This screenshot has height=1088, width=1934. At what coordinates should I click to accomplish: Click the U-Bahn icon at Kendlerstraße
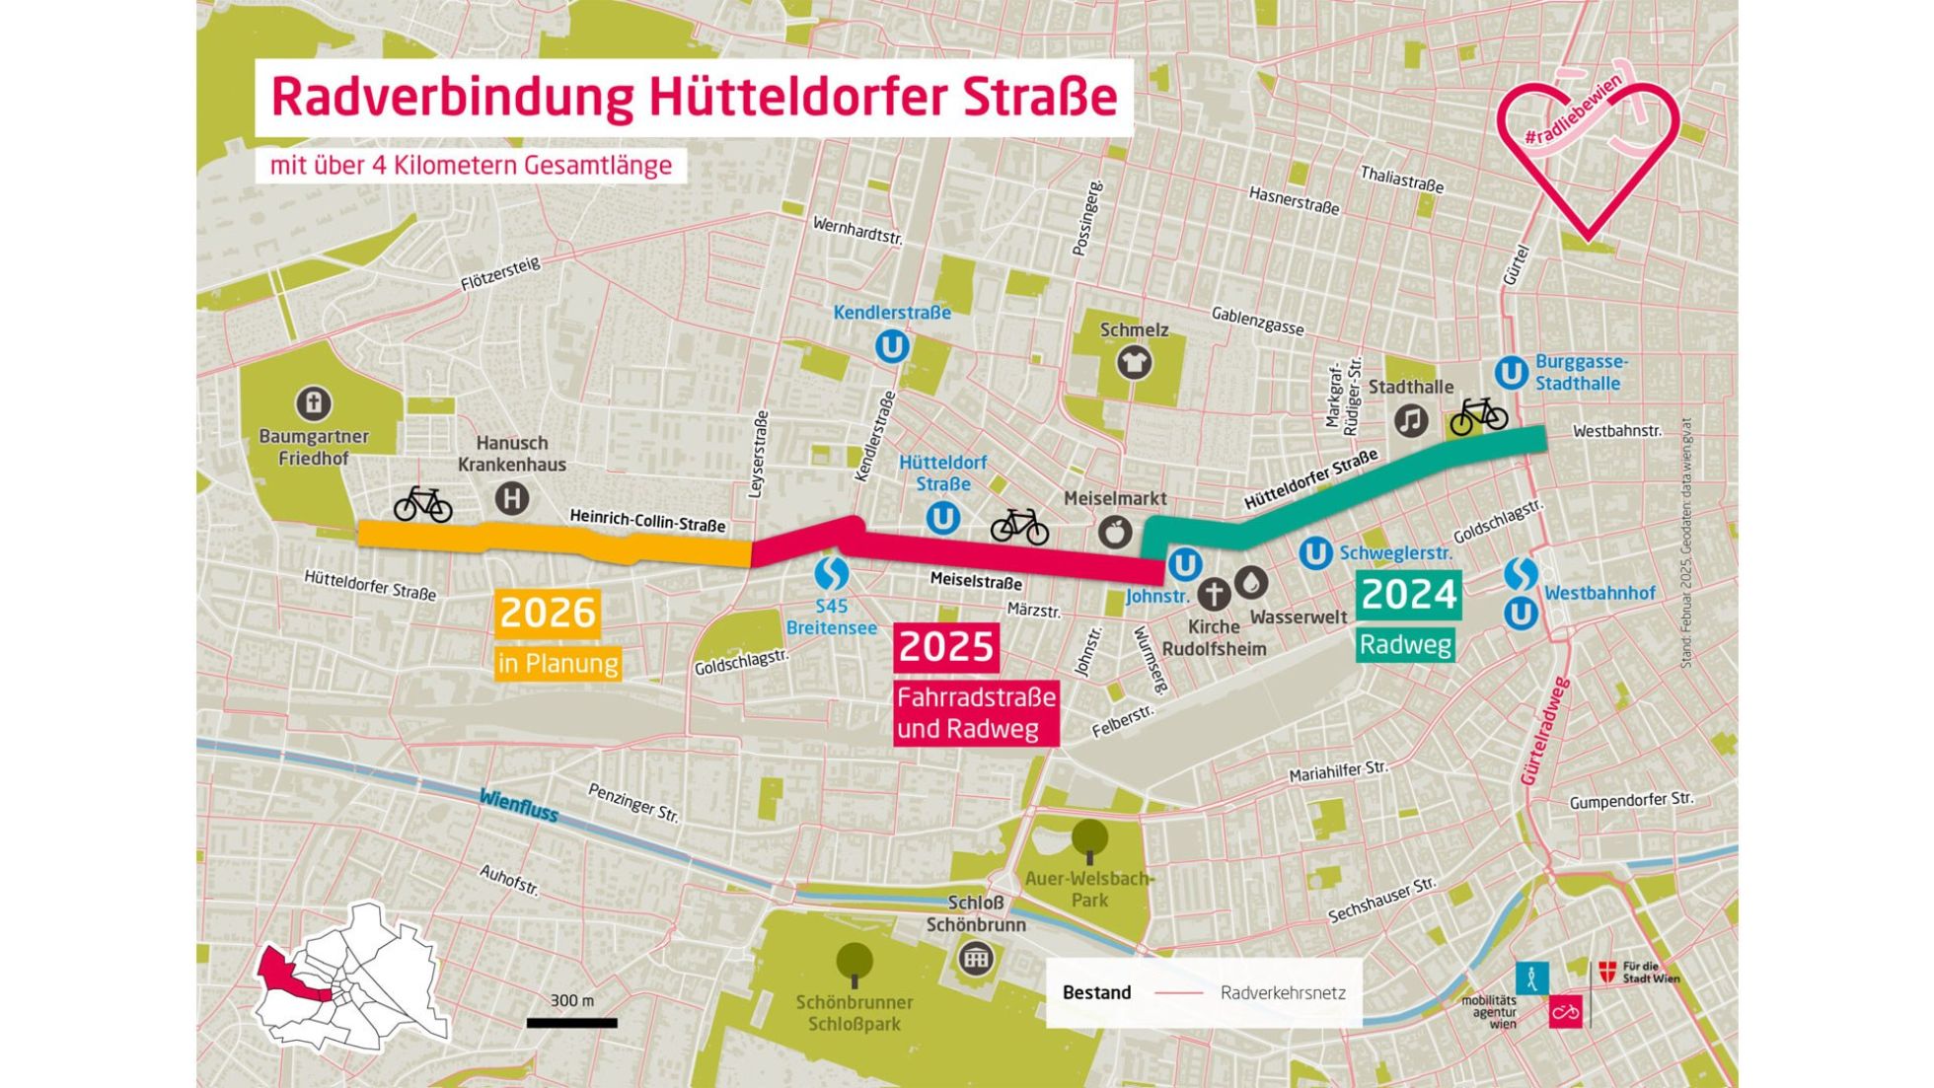tap(892, 346)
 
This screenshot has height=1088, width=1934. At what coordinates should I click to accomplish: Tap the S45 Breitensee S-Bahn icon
tap(831, 573)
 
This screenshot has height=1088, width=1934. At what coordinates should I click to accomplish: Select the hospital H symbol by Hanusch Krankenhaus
tap(511, 498)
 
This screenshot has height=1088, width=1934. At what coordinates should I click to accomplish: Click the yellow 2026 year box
tap(547, 613)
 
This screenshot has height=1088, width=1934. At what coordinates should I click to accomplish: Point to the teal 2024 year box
tap(1407, 595)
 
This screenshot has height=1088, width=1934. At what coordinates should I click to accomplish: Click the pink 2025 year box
tap(945, 647)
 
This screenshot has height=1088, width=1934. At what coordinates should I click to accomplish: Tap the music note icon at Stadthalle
tap(1411, 421)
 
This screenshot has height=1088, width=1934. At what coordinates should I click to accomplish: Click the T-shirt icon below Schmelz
tap(1134, 363)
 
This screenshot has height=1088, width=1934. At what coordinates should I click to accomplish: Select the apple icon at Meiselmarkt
tap(1115, 533)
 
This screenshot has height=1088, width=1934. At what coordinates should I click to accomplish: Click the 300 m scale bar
tap(571, 1023)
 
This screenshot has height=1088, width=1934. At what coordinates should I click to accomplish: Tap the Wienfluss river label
tap(518, 806)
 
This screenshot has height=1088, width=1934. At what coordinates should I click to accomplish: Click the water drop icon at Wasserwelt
tap(1251, 583)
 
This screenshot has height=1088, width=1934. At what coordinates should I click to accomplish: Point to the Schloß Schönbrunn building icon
tap(975, 958)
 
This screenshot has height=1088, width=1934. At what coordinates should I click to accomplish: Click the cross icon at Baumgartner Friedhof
tap(314, 402)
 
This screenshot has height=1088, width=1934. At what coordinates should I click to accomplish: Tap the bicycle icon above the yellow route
tap(422, 504)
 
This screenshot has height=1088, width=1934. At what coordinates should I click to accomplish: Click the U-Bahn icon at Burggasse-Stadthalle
tap(1511, 373)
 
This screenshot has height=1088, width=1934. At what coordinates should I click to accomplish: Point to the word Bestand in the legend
tap(1096, 992)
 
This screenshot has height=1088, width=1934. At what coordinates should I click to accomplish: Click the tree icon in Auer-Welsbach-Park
tap(1089, 839)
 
